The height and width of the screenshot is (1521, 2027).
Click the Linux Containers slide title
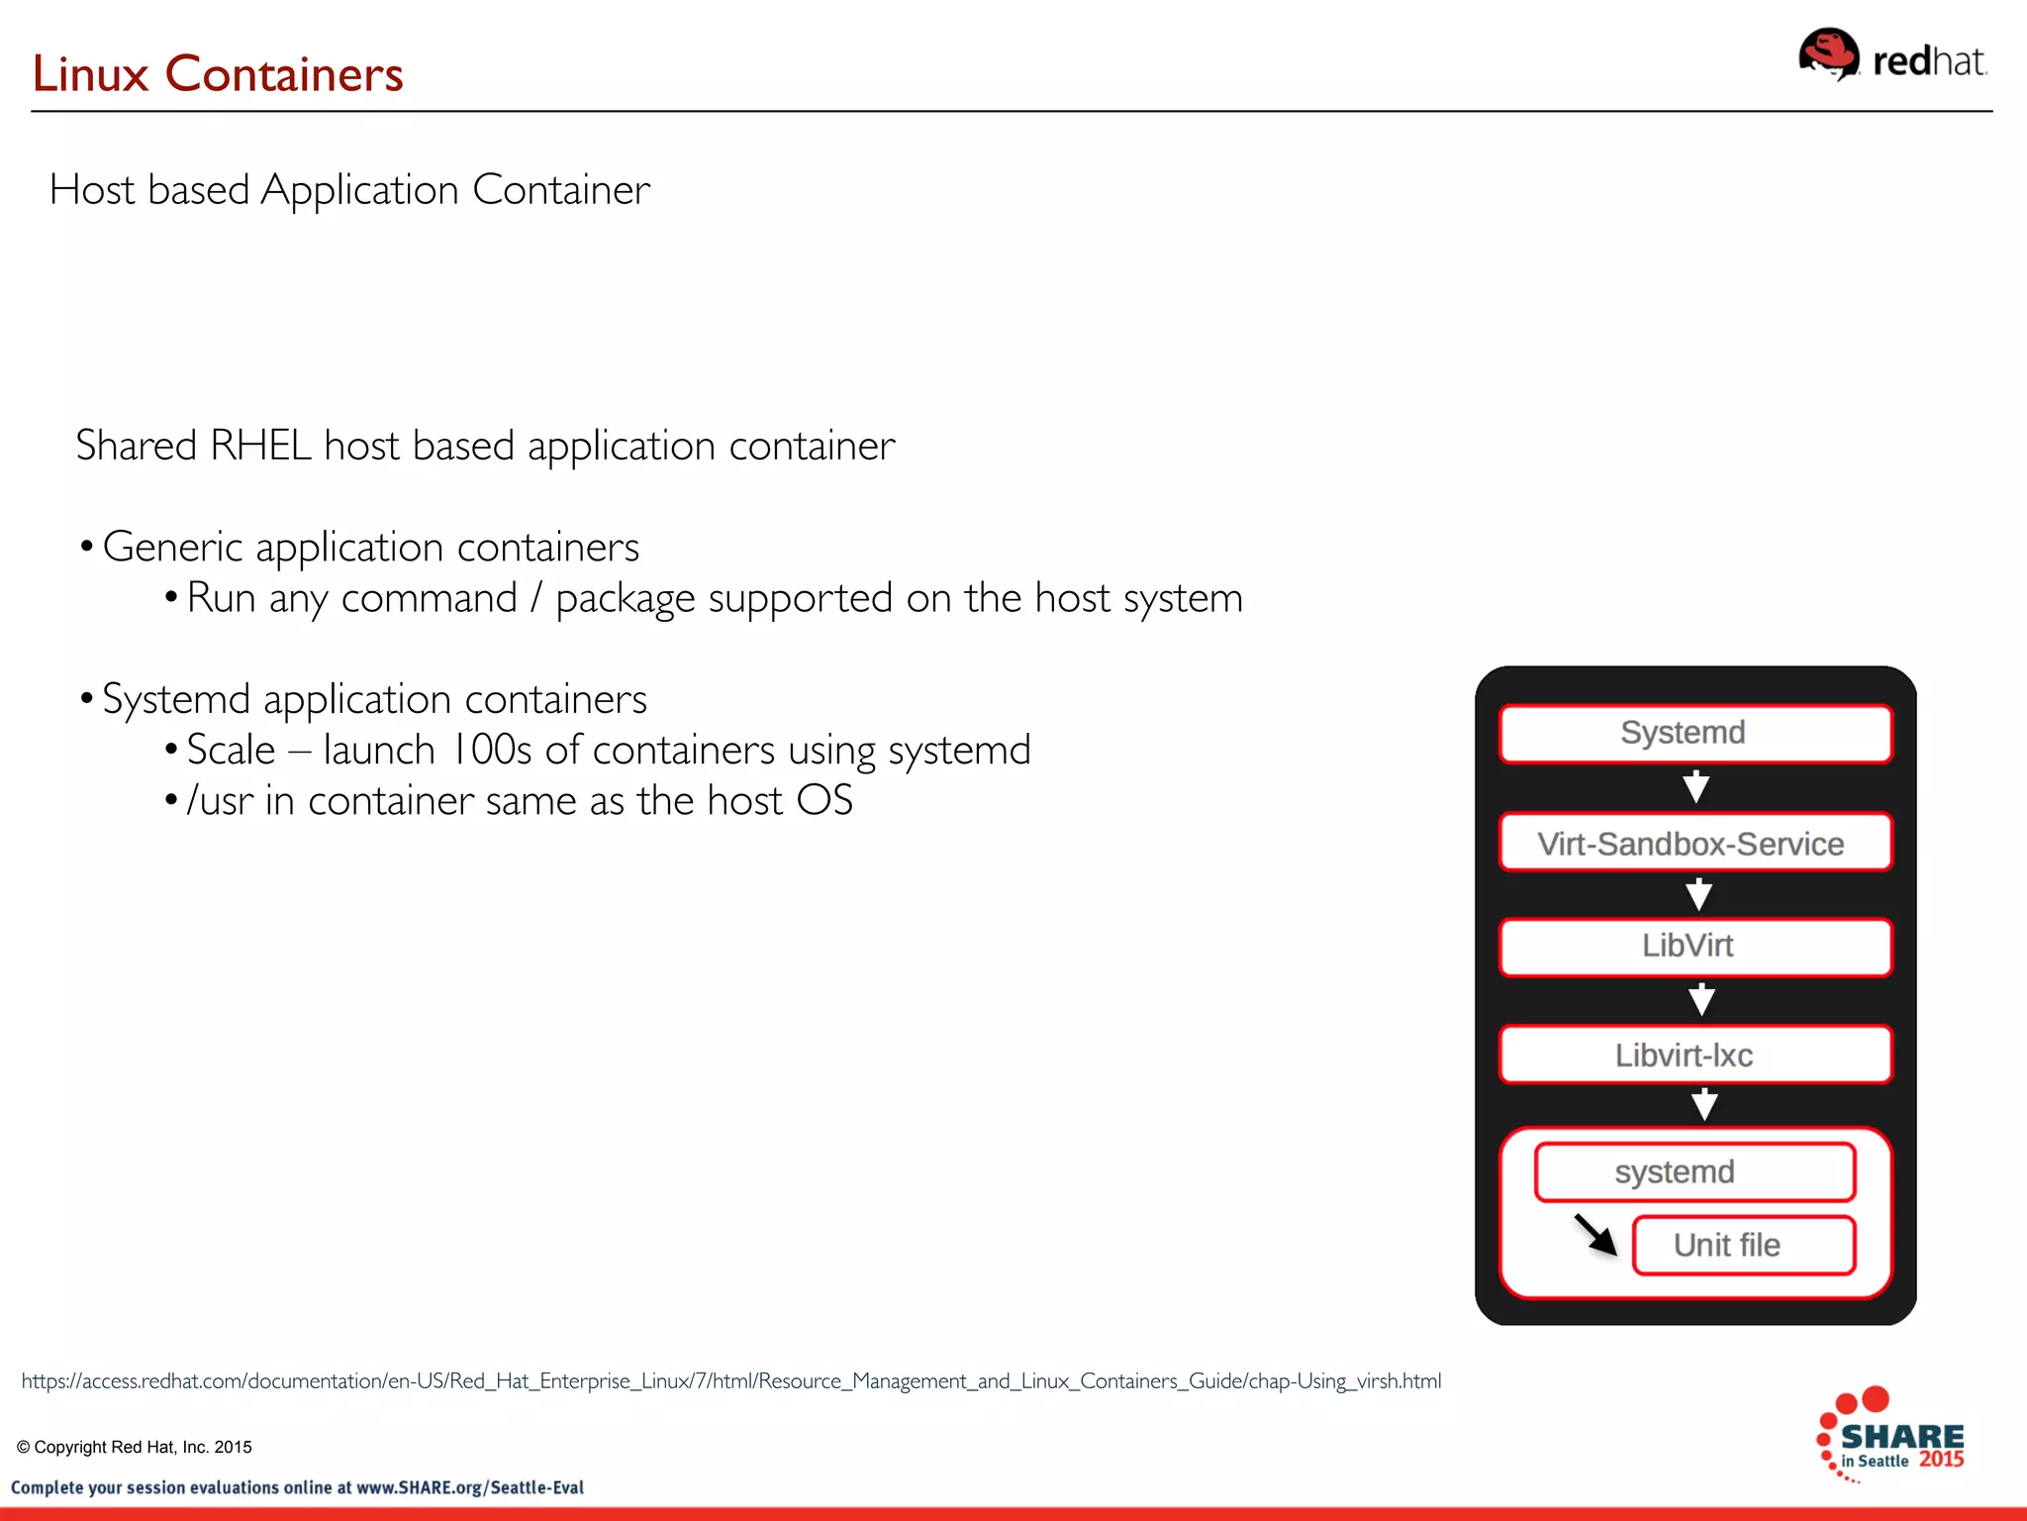(x=218, y=74)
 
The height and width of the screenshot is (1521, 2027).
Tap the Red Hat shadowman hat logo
(x=1827, y=53)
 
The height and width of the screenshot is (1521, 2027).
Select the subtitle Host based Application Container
(x=349, y=189)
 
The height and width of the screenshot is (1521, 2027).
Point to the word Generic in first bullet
(x=172, y=548)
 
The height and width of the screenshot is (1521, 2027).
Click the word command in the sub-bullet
(x=429, y=599)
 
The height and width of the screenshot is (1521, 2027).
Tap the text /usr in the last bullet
(x=219, y=801)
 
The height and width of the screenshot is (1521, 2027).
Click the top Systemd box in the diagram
(x=1694, y=734)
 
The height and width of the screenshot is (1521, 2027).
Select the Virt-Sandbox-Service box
(x=1694, y=843)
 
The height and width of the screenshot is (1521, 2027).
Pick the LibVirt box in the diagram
(x=1694, y=947)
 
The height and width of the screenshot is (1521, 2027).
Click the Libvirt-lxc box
(x=1694, y=1055)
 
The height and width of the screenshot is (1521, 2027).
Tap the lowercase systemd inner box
(x=1694, y=1172)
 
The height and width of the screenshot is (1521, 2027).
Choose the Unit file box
(x=1742, y=1245)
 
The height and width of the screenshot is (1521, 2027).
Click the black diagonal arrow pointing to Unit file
(x=1594, y=1234)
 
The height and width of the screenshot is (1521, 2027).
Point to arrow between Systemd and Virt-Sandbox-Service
(x=1695, y=787)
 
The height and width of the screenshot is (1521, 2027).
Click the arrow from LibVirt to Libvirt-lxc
(x=1700, y=1000)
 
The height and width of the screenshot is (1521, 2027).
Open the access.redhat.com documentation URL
(x=730, y=1380)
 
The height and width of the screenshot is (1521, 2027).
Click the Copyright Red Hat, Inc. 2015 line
(x=135, y=1447)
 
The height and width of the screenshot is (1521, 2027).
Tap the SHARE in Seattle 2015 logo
(x=1889, y=1436)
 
